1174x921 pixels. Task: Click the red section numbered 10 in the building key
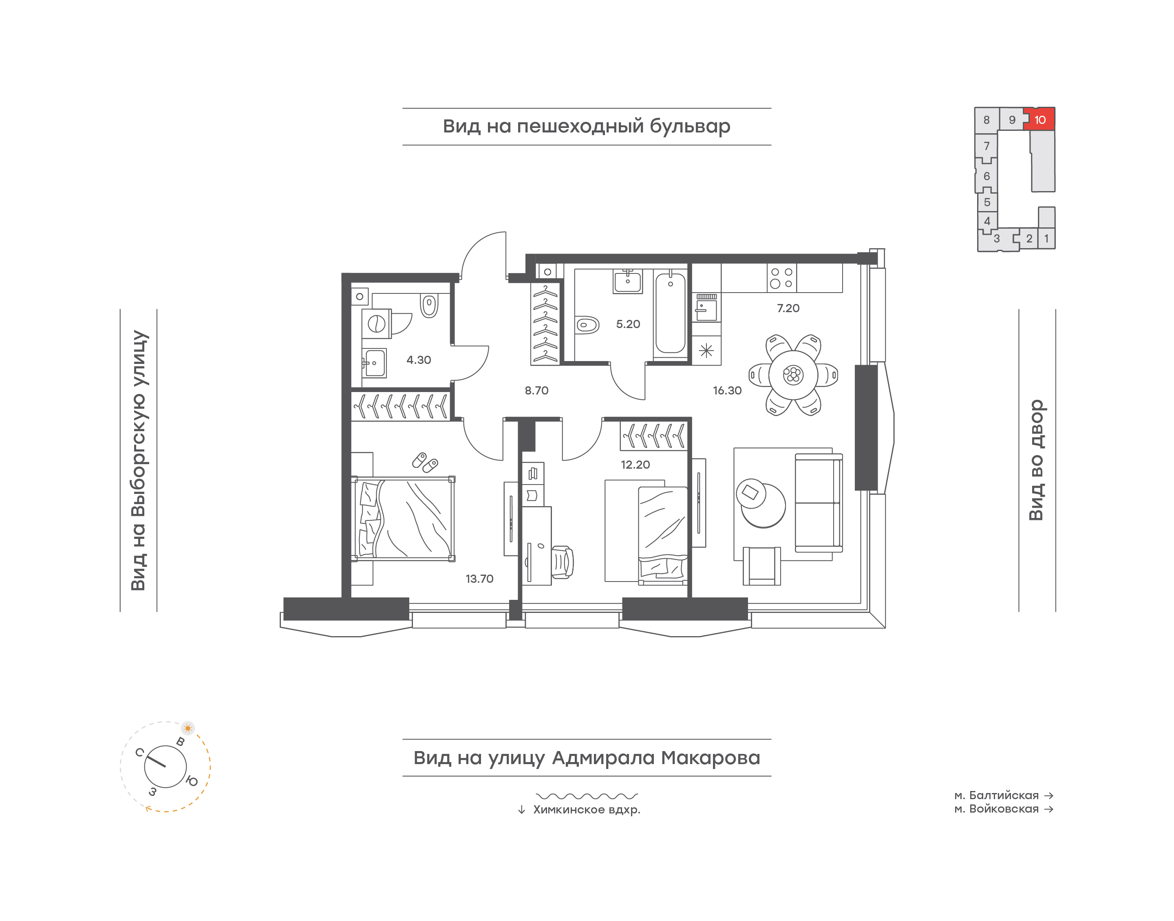[1040, 119]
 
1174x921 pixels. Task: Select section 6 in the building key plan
[986, 176]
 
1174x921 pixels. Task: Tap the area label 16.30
[727, 390]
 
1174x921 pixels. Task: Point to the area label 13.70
[479, 579]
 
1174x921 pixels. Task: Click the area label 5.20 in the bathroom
[628, 324]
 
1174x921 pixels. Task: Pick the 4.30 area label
[419, 360]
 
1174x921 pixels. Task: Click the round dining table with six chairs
[793, 375]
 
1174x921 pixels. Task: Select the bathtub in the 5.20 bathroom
[670, 314]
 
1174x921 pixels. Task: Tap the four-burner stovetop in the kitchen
[781, 278]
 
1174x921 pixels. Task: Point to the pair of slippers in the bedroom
[425, 462]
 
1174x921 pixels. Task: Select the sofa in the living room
[819, 502]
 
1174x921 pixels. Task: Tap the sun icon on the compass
[188, 728]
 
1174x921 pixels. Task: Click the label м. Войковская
[997, 809]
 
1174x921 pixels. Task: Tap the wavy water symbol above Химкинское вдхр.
[587, 796]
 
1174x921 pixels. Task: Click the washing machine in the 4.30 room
[376, 324]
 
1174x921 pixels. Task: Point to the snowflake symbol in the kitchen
[706, 351]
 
